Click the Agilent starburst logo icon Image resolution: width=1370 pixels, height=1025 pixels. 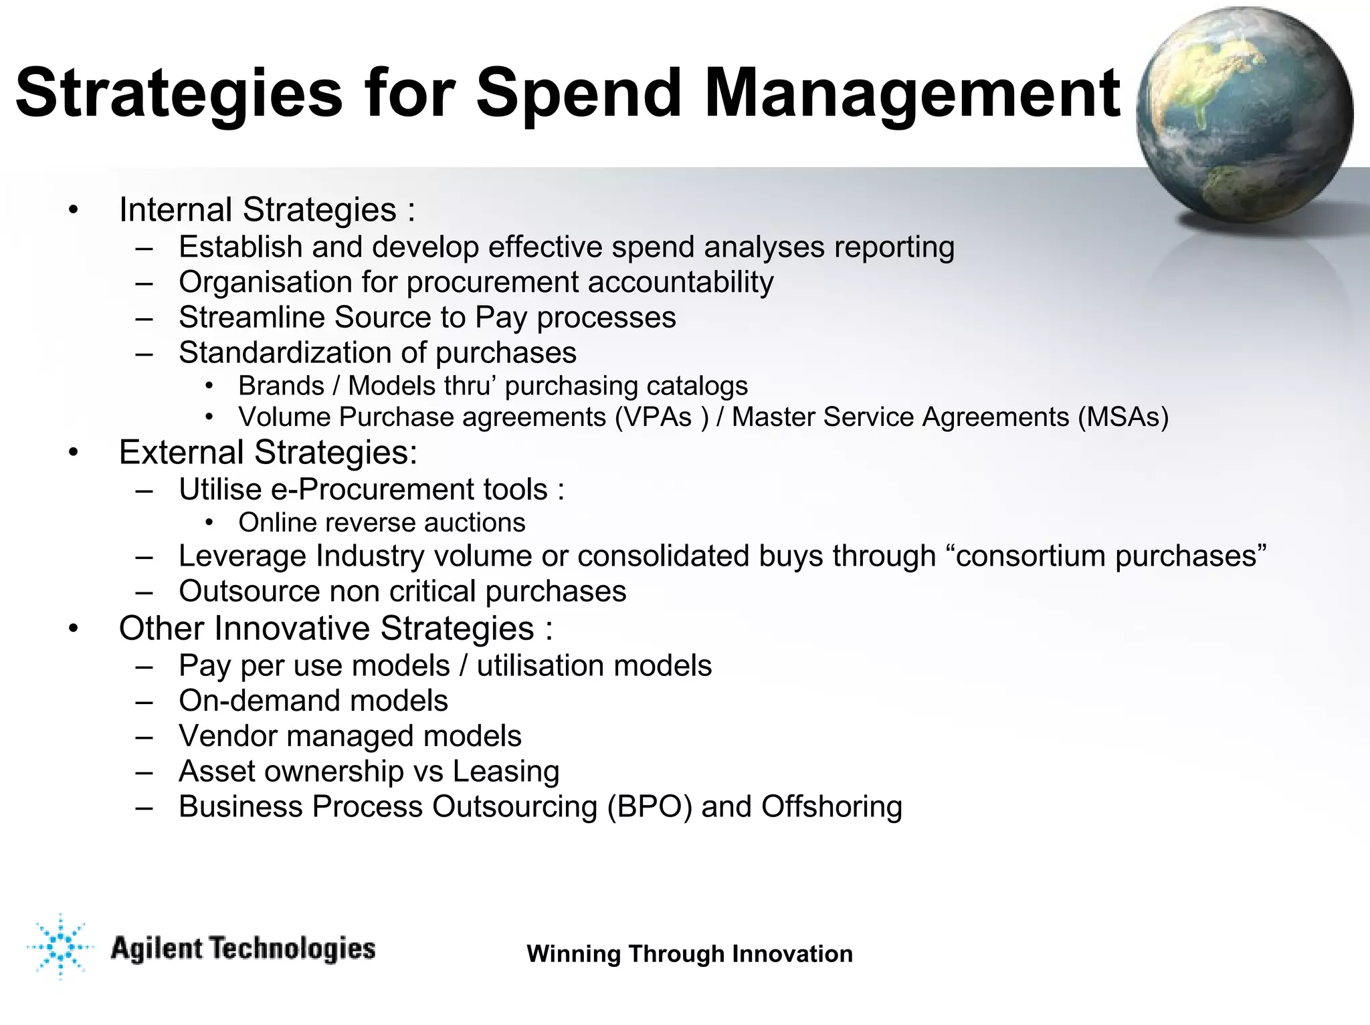pyautogui.click(x=60, y=947)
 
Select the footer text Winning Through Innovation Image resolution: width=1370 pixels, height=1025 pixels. pyautogui.click(x=690, y=953)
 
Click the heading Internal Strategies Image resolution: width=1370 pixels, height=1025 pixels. pyautogui.click(x=266, y=209)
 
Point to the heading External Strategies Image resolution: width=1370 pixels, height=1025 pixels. pyautogui.click(x=268, y=452)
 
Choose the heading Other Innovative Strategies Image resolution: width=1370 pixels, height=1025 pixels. pyautogui.click(x=335, y=629)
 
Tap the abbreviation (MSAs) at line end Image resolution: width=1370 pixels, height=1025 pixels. pyautogui.click(x=1123, y=417)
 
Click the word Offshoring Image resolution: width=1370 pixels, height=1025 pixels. pyautogui.click(x=831, y=806)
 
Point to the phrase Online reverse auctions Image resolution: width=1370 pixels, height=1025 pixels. pyautogui.click(x=381, y=522)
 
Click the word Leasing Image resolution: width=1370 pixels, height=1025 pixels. pyautogui.click(x=506, y=771)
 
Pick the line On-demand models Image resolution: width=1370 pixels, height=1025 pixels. pyautogui.click(x=313, y=701)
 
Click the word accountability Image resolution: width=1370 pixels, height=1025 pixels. pyautogui.click(x=680, y=281)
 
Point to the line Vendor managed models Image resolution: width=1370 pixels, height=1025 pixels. pyautogui.click(x=349, y=736)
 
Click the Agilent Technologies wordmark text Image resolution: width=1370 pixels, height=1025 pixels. pyautogui.click(x=242, y=949)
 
